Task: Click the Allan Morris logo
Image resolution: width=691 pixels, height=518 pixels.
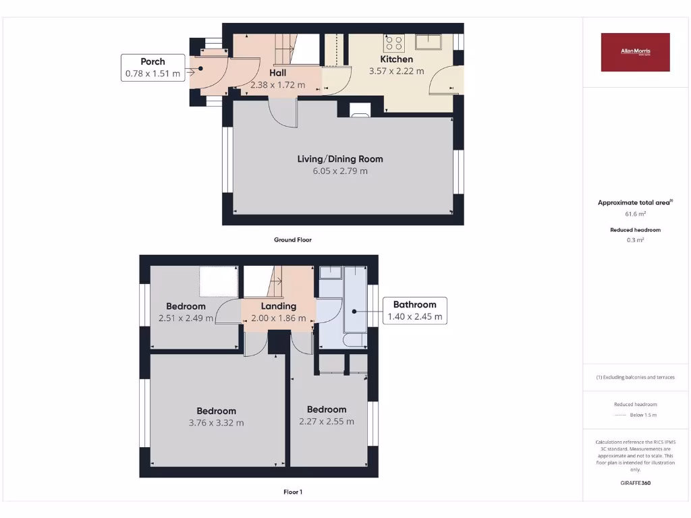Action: [635, 52]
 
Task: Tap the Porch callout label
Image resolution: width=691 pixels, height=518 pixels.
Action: [153, 67]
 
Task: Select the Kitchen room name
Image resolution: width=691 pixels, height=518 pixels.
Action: [396, 59]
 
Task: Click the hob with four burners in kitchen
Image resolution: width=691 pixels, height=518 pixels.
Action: [393, 43]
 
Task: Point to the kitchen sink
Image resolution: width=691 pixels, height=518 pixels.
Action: [429, 42]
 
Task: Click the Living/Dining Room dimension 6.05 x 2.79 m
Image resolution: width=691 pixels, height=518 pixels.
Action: [340, 171]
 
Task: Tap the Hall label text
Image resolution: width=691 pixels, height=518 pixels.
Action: [277, 73]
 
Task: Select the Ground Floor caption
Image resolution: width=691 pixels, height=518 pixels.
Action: [293, 239]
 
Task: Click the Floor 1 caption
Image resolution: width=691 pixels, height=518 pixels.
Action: [293, 492]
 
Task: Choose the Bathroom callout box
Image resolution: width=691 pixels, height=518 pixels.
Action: [415, 310]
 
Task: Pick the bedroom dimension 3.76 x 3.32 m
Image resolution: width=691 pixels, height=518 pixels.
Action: [217, 423]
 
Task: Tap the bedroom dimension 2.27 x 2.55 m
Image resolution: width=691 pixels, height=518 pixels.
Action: [327, 422]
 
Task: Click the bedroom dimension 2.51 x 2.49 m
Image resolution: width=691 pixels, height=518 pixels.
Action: [186, 318]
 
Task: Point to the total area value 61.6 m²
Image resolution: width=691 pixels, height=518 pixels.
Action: [635, 214]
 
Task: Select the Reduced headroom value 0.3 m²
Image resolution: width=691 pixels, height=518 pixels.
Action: [635, 239]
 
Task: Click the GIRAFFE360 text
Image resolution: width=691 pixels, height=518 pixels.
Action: [635, 483]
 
